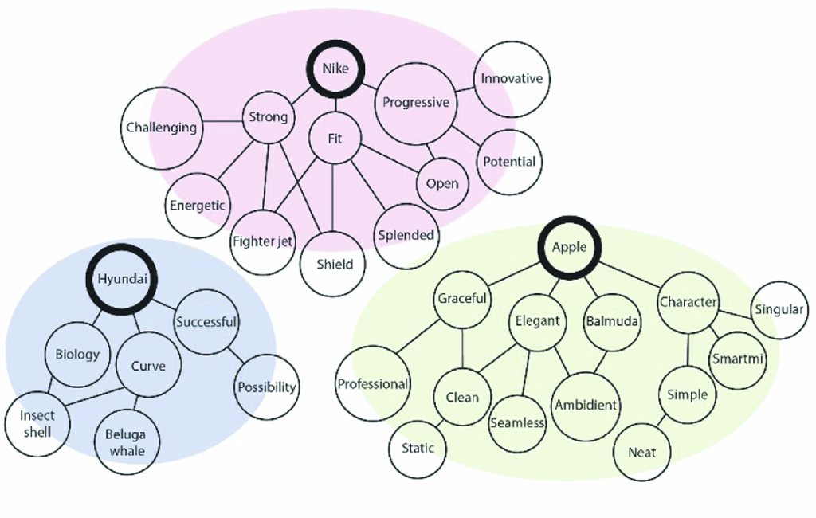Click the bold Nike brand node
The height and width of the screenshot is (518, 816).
[x=335, y=69]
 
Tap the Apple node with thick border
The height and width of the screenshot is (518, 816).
[x=569, y=247]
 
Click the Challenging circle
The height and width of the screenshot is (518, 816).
[x=161, y=128]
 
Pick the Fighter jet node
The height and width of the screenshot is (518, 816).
[x=262, y=241]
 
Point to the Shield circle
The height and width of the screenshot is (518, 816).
[x=335, y=264]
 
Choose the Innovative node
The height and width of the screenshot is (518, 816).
[x=512, y=78]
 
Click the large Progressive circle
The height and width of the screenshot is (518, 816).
[x=415, y=103]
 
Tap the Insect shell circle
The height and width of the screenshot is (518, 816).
[x=37, y=424]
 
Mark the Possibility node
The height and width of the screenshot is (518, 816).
[x=267, y=387]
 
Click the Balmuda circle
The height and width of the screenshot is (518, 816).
[x=610, y=322]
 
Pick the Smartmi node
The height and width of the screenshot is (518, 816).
[x=738, y=359]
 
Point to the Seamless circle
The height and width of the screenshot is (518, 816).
[x=517, y=422]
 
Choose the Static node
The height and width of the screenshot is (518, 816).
[x=418, y=448]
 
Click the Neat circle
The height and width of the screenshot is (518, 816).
[x=642, y=453]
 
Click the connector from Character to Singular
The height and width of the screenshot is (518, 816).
[x=736, y=306]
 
